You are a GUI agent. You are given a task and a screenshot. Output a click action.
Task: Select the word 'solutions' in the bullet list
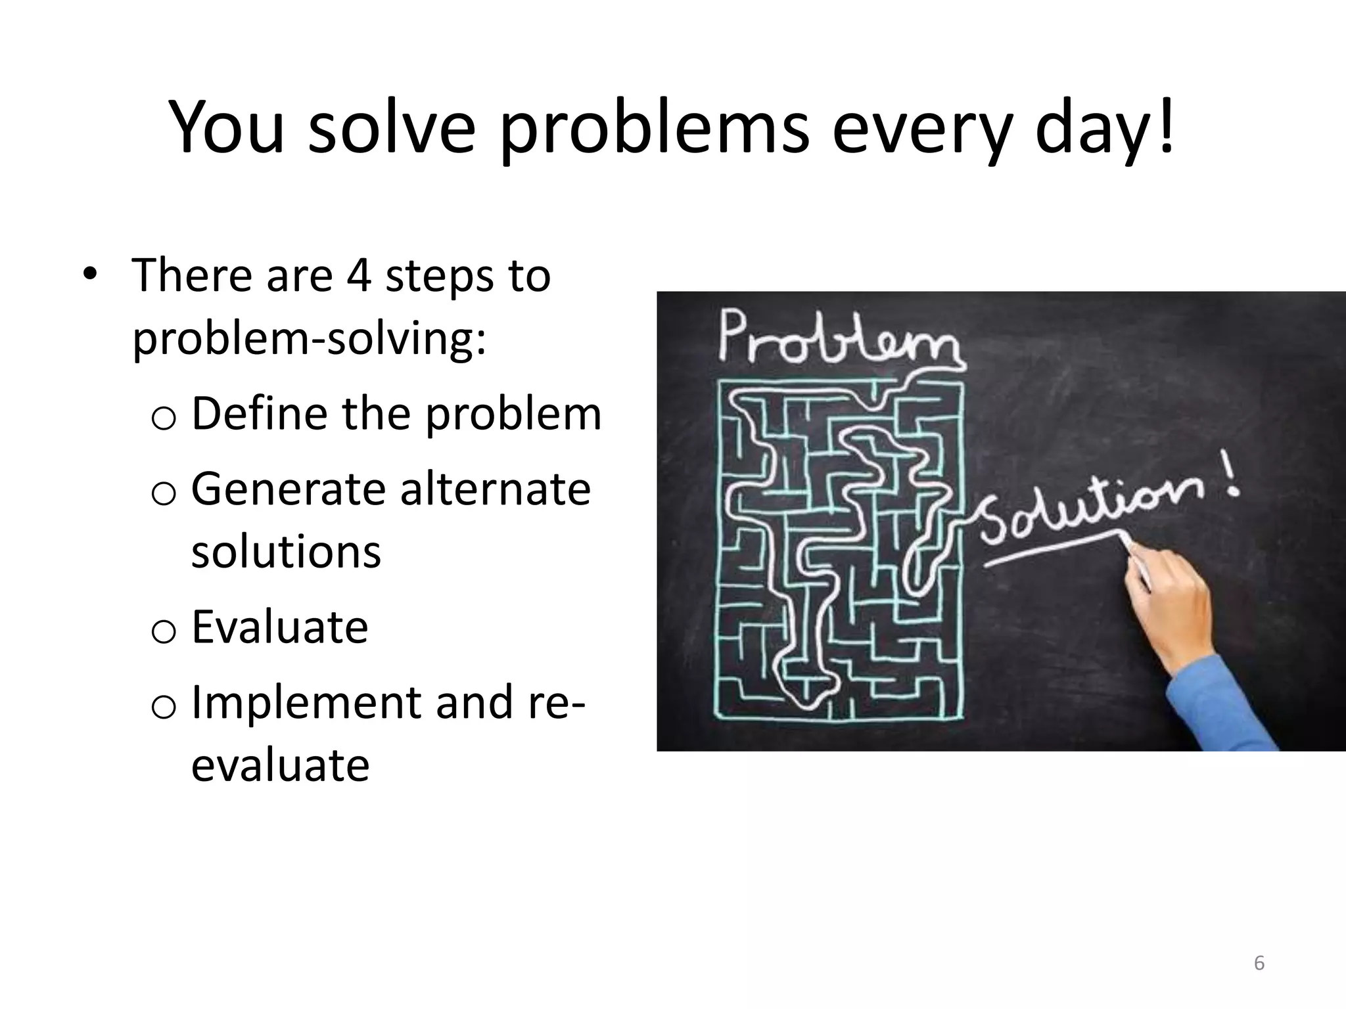[286, 552]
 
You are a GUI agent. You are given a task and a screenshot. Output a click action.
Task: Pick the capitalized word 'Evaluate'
[279, 627]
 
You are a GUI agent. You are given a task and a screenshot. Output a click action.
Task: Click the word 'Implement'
[306, 702]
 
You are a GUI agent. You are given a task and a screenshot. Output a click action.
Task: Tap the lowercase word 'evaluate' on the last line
[281, 765]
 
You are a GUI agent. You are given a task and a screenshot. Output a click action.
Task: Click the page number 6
[1259, 963]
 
